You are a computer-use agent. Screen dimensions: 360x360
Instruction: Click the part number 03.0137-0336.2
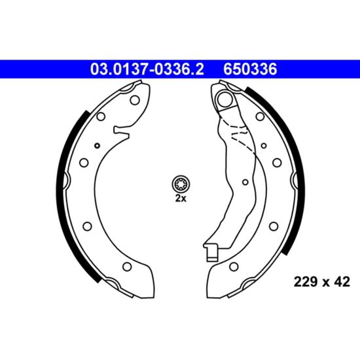click(x=147, y=69)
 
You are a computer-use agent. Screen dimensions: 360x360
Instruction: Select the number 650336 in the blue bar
click(x=250, y=69)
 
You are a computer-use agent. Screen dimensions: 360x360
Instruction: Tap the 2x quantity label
click(x=181, y=198)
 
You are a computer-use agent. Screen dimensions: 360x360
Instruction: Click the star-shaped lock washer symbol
click(x=181, y=184)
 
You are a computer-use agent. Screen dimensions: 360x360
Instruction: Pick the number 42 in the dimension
click(x=342, y=281)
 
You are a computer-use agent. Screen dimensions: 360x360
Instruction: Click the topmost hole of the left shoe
click(x=135, y=100)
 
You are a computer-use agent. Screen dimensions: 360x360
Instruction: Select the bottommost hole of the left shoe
click(x=127, y=266)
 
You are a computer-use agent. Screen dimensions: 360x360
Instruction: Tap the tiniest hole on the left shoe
click(x=98, y=145)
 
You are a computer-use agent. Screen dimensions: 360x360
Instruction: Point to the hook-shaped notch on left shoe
click(x=121, y=132)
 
